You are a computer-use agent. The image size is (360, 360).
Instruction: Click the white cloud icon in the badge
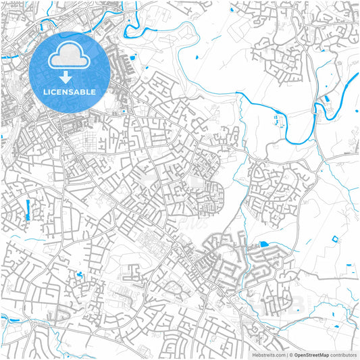coord(69,57)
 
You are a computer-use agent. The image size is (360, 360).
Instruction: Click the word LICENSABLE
coord(69,91)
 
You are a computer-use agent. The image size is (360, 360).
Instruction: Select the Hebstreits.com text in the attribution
coord(268,354)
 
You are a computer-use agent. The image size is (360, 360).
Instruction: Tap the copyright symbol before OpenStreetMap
coord(290,354)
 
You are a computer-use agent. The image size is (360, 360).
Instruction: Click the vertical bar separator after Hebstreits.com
coord(286,354)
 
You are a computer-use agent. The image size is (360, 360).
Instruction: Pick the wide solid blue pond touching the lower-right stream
coord(263,244)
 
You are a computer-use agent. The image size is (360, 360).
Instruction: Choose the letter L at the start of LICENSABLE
coord(44,91)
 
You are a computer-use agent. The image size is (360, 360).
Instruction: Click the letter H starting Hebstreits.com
coord(255,354)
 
